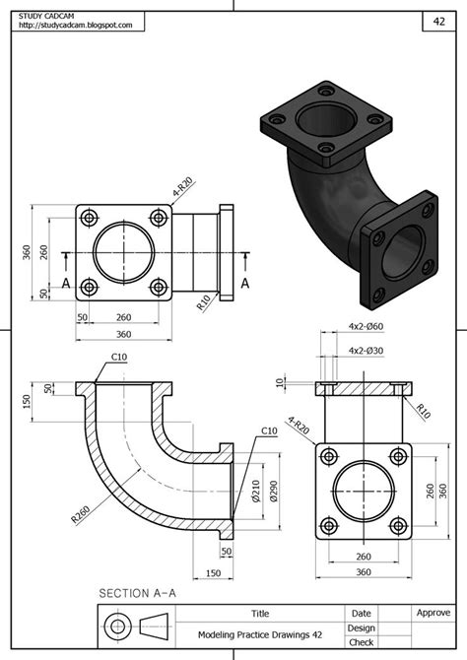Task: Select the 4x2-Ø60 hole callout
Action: [366, 326]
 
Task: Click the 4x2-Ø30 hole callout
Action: [366, 350]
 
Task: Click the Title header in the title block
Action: [260, 613]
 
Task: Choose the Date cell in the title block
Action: [362, 613]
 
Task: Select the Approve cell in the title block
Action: [433, 613]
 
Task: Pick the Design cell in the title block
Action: [362, 627]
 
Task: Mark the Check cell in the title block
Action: [362, 642]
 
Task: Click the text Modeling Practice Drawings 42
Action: [260, 635]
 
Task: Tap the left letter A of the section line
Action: [66, 282]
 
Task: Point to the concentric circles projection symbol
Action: [119, 627]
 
